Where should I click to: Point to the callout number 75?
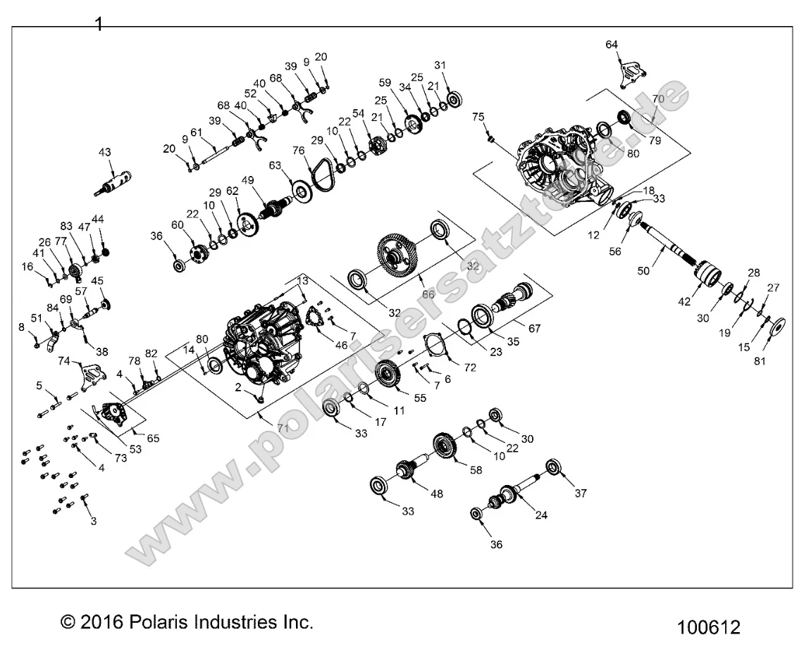tap(477, 117)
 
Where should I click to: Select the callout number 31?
tap(440, 65)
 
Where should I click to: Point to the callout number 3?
tap(93, 521)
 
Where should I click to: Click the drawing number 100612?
tap(710, 626)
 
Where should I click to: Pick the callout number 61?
tap(197, 132)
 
